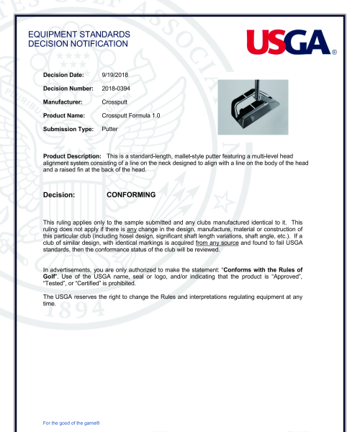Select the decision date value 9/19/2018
pyautogui.click(x=116, y=75)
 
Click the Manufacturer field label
pyautogui.click(x=66, y=102)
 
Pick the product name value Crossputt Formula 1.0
pyautogui.click(x=136, y=116)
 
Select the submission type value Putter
pyautogui.click(x=110, y=129)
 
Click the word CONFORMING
pyautogui.click(x=131, y=194)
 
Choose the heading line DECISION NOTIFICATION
pyautogui.click(x=78, y=44)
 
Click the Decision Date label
pyautogui.click(x=64, y=75)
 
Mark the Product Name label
pyautogui.click(x=65, y=116)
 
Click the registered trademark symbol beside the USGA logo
pyautogui.click(x=335, y=52)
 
